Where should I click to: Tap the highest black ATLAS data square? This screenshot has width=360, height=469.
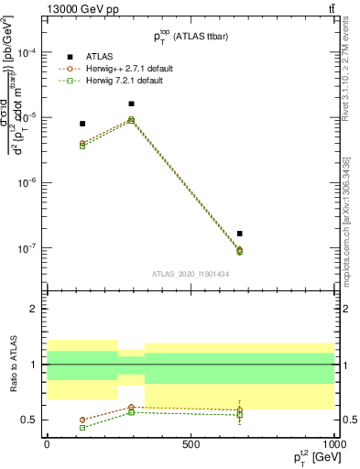click(x=131, y=104)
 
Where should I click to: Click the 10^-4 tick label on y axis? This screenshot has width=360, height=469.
click(x=27, y=53)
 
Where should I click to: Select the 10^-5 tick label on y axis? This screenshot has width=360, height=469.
click(x=27, y=118)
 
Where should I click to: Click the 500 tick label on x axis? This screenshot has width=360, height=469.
click(x=191, y=443)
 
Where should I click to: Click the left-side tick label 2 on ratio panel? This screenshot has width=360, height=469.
click(x=34, y=309)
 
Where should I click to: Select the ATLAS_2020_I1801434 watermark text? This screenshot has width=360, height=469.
click(x=190, y=273)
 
